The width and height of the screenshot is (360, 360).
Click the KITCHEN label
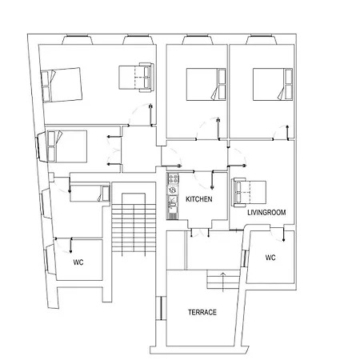(199, 199)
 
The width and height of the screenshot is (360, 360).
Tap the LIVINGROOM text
(266, 213)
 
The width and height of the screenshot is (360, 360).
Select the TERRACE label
(202, 312)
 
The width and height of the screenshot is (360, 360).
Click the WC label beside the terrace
(270, 258)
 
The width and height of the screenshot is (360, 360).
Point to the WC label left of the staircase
(78, 262)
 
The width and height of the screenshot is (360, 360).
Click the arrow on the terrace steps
(223, 282)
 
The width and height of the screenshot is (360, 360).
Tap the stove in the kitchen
(173, 179)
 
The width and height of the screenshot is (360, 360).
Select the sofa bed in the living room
(250, 192)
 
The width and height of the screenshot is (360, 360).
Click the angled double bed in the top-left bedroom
(62, 85)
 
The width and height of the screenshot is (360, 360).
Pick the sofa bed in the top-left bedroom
(136, 78)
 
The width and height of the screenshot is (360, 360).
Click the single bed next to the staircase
(90, 194)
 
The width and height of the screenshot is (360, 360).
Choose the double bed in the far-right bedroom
(273, 84)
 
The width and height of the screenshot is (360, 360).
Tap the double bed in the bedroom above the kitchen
(206, 84)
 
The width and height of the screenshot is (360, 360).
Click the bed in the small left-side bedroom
(67, 146)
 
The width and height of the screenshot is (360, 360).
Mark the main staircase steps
(134, 228)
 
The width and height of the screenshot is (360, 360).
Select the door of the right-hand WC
(278, 234)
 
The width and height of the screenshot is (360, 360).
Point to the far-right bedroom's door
(281, 133)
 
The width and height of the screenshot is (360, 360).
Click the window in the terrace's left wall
(161, 308)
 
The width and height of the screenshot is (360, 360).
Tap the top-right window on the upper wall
(262, 39)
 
